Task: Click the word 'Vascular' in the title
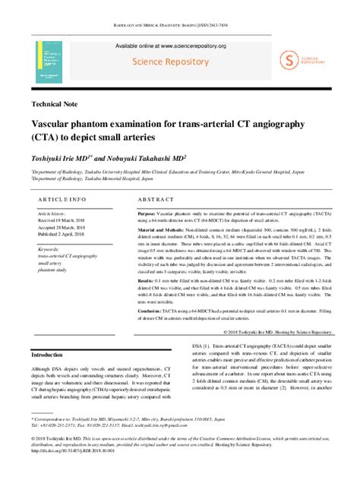tap(55, 123)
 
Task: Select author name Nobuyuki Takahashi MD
tap(145, 158)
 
